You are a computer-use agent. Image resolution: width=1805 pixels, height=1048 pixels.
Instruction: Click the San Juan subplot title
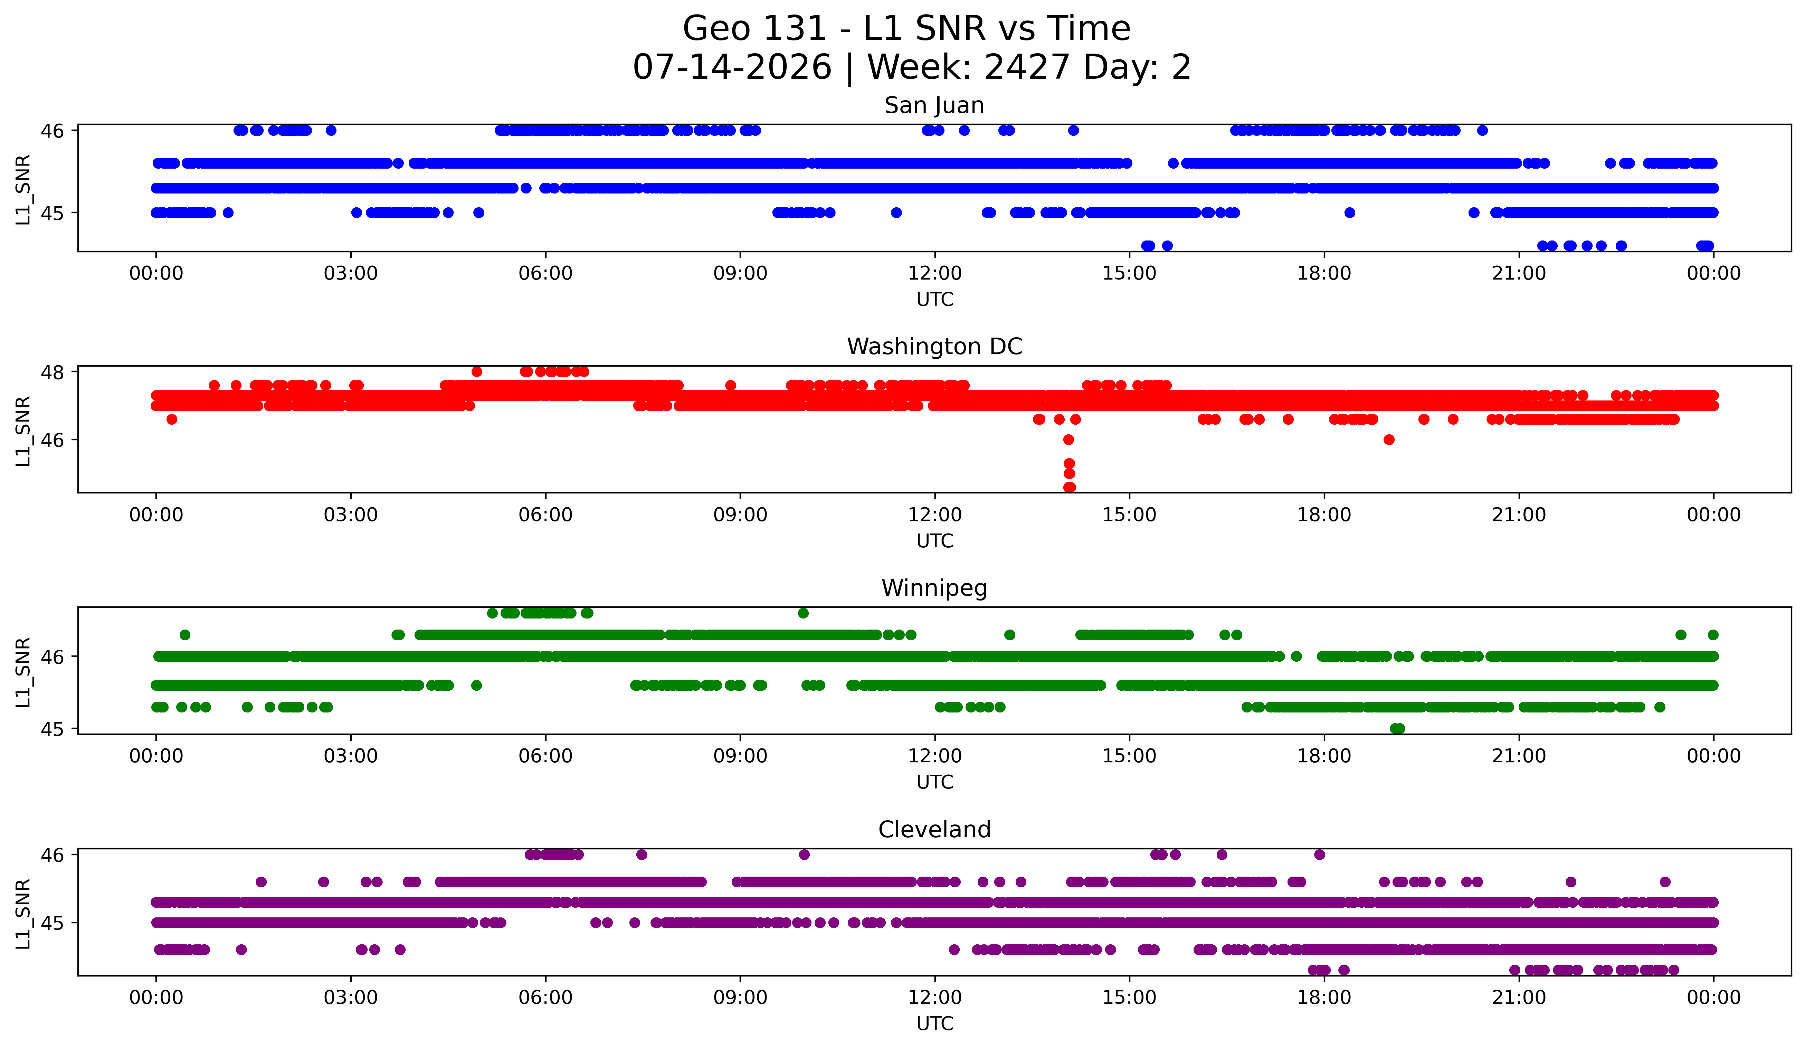point(934,105)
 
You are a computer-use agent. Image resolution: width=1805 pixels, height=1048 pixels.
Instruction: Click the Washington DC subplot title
point(934,347)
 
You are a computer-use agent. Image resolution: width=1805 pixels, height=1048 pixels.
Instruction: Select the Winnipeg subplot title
point(934,588)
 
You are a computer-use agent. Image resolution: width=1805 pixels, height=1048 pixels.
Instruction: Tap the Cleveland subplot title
point(934,830)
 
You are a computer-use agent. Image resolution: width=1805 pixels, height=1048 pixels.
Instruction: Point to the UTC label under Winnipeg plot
point(935,782)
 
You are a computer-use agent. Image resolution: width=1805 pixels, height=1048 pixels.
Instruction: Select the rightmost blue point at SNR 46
point(1483,130)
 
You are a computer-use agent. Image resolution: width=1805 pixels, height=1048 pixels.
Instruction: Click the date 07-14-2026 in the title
point(732,67)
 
